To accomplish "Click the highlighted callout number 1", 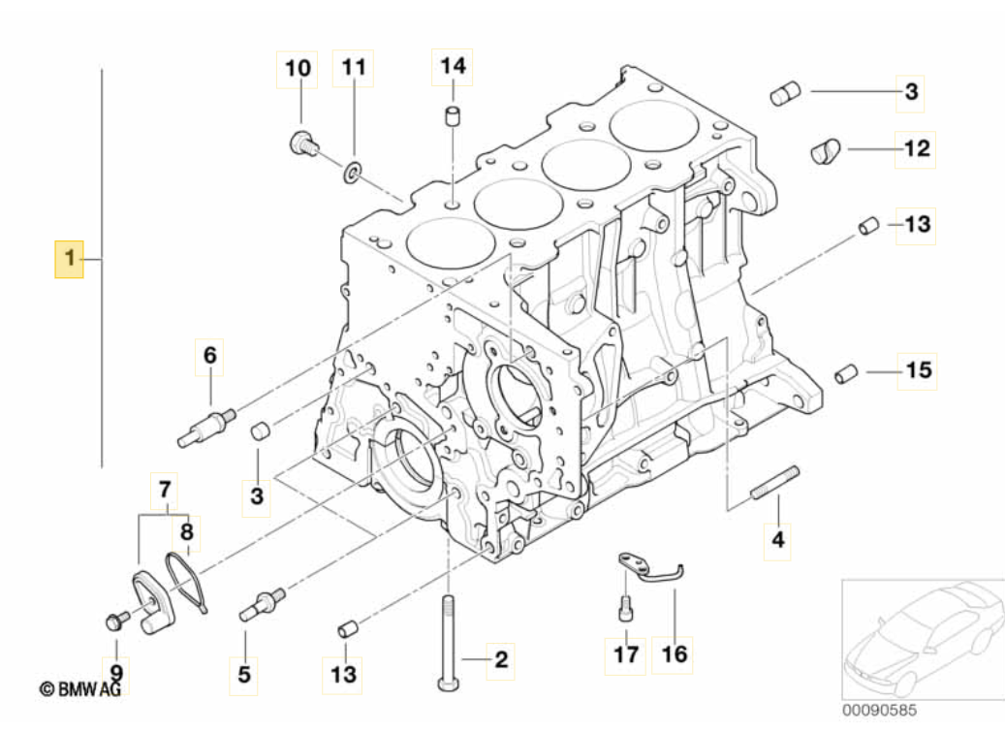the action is [x=69, y=259].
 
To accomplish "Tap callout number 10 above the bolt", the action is [x=298, y=68].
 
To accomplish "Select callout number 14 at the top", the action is [x=454, y=66].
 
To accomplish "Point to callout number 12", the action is [x=917, y=148].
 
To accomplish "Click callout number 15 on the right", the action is [x=918, y=370].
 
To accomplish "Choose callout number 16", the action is [x=674, y=654].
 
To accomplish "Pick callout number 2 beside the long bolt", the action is [x=501, y=659].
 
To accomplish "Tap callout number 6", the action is [x=210, y=355].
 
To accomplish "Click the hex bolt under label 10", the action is [x=303, y=143].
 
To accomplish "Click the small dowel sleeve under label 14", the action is [x=454, y=115].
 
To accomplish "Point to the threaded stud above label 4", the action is [x=774, y=483].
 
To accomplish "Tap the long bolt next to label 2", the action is [x=448, y=643].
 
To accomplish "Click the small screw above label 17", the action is [x=626, y=607].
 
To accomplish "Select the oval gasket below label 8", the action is [x=185, y=583].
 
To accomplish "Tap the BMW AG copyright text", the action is [x=80, y=689].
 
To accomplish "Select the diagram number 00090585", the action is [x=879, y=710].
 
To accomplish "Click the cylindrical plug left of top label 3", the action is [x=785, y=94].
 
